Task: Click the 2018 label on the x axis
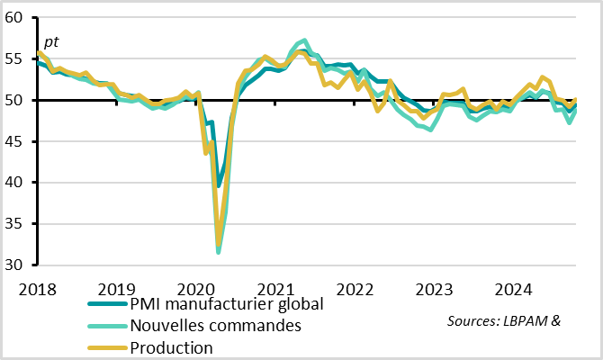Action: (37, 289)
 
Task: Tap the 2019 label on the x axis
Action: (116, 289)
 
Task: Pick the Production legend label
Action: (172, 347)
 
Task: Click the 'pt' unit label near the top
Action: (52, 41)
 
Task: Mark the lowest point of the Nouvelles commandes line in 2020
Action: (219, 253)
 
